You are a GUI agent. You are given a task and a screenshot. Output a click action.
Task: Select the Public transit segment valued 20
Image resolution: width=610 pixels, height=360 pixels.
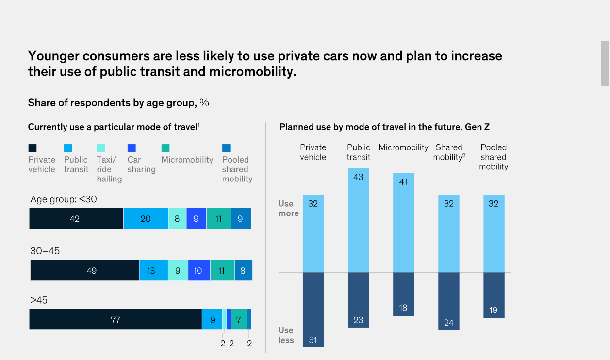pyautogui.click(x=146, y=218)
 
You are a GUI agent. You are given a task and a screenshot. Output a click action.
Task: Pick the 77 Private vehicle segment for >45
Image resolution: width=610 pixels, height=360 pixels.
pyautogui.click(x=115, y=319)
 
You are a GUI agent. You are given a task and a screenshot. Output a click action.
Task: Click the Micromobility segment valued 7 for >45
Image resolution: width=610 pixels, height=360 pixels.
pyautogui.click(x=239, y=319)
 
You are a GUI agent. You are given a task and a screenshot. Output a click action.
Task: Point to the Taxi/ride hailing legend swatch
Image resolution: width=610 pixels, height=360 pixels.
pyautogui.click(x=100, y=148)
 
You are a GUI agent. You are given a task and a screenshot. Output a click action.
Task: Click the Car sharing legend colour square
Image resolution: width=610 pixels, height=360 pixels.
pyautogui.click(x=132, y=148)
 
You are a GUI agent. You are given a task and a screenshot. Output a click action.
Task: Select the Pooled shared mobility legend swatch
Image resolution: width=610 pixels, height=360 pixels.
pyautogui.click(x=226, y=148)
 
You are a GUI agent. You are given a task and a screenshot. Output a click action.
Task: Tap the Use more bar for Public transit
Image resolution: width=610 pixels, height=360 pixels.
pyautogui.click(x=358, y=220)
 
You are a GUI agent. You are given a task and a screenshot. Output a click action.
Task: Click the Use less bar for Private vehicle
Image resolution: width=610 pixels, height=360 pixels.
pyautogui.click(x=313, y=310)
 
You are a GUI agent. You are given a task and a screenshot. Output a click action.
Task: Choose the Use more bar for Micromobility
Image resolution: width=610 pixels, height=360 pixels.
pyautogui.click(x=403, y=222)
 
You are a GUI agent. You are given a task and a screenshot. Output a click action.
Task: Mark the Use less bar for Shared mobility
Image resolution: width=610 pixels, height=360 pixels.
pyautogui.click(x=448, y=301)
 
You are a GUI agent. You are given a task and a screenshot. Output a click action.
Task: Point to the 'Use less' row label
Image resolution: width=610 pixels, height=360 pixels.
pyautogui.click(x=286, y=335)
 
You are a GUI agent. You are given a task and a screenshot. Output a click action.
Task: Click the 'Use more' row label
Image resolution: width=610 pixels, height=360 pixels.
pyautogui.click(x=288, y=208)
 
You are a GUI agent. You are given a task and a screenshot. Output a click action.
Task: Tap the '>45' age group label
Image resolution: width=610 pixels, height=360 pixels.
pyautogui.click(x=39, y=300)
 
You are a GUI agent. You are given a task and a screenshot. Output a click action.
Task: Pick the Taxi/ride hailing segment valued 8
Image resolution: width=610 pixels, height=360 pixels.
pyautogui.click(x=177, y=218)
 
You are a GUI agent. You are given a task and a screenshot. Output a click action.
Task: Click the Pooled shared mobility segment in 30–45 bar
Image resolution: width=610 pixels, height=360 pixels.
pyautogui.click(x=243, y=270)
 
